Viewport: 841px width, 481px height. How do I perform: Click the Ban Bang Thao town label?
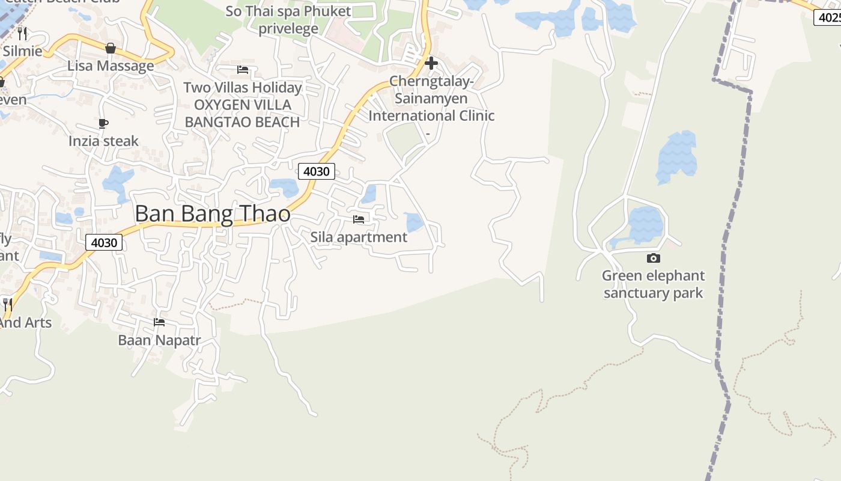click(x=213, y=214)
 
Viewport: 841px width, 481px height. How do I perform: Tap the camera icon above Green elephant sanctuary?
click(x=653, y=259)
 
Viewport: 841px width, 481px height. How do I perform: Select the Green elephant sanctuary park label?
click(x=653, y=284)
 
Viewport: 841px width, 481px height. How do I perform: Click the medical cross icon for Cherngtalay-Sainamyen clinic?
click(x=431, y=63)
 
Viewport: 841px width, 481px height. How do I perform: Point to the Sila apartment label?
click(x=359, y=237)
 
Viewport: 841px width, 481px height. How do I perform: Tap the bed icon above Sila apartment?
click(x=359, y=219)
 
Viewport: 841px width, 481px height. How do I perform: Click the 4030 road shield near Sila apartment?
click(x=316, y=171)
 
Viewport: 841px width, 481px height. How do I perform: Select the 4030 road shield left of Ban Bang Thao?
click(x=104, y=242)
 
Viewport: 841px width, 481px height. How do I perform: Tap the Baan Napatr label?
click(x=159, y=340)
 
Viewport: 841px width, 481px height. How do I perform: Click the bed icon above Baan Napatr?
click(x=159, y=322)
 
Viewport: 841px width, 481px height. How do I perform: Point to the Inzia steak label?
click(x=103, y=141)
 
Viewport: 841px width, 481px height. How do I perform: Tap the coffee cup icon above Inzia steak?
click(x=103, y=124)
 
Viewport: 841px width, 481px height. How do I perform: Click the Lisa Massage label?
click(x=111, y=66)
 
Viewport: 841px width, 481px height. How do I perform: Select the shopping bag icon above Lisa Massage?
click(x=111, y=48)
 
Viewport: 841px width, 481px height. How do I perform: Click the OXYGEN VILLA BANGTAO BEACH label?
click(x=242, y=114)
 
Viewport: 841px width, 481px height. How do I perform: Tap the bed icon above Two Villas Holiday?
click(x=243, y=70)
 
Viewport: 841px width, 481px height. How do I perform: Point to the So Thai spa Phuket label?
click(x=288, y=11)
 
